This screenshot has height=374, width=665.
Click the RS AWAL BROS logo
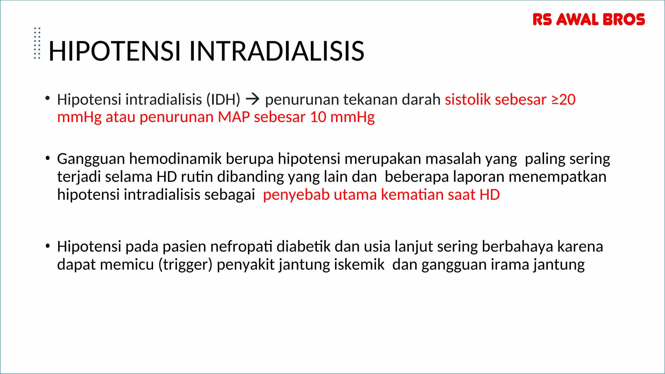588,19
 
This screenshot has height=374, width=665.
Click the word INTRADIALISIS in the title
277,51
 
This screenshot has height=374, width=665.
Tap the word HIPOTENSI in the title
114,51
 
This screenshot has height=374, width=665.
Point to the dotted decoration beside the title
37,43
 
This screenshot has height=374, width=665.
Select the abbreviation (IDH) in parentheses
223,99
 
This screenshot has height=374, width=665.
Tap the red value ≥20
563,99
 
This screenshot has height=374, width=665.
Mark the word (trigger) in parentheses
185,265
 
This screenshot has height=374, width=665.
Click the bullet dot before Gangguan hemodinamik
48,158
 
